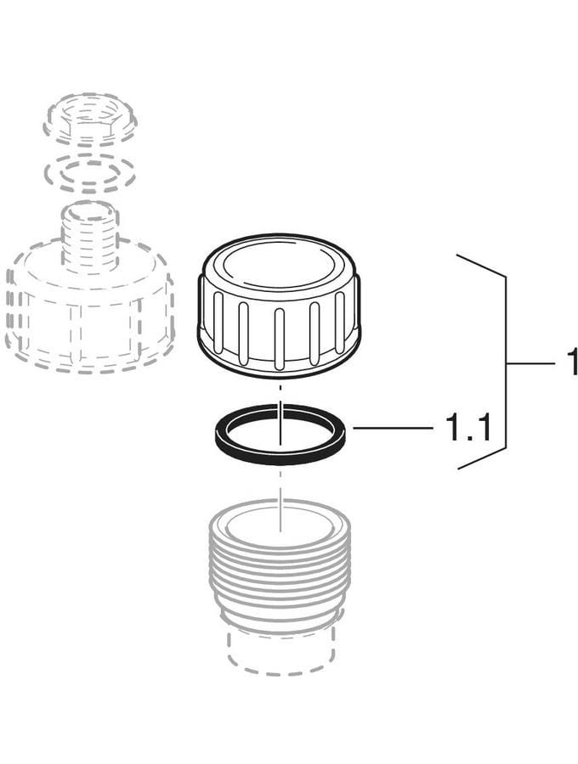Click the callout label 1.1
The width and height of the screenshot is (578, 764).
click(x=467, y=428)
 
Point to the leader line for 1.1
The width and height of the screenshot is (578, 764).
click(x=394, y=428)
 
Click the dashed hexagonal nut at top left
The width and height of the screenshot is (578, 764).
click(x=90, y=120)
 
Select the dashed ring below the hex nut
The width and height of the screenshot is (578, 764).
click(x=89, y=173)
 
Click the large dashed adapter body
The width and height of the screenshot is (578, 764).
click(x=88, y=317)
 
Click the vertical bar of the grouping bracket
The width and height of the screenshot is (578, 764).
click(x=506, y=362)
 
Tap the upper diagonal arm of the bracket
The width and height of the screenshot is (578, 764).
click(x=480, y=266)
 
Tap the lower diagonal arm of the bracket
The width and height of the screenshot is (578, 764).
click(x=481, y=458)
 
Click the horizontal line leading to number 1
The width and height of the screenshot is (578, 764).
click(x=530, y=363)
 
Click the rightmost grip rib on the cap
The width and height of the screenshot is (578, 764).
click(x=339, y=322)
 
